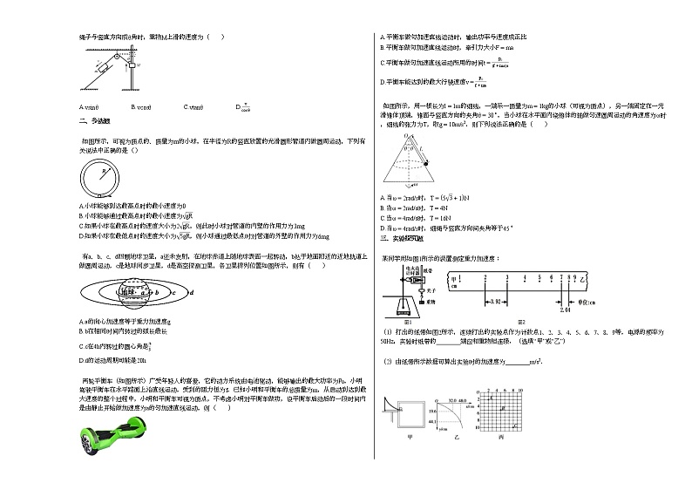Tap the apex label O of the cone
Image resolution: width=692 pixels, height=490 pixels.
click(x=406, y=136)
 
